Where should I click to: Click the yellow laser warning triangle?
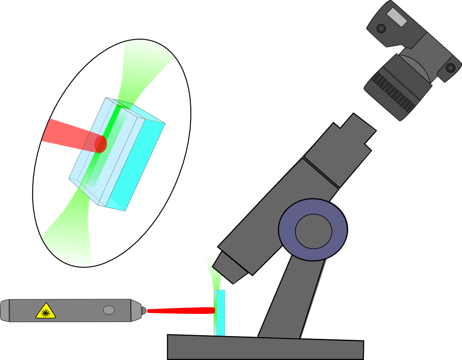45,311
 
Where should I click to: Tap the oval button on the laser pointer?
109,310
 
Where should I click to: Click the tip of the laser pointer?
144,311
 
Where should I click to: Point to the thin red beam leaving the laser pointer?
180,311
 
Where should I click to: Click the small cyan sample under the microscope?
220,313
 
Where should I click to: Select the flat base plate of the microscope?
265,348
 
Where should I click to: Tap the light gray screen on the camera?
397,17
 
